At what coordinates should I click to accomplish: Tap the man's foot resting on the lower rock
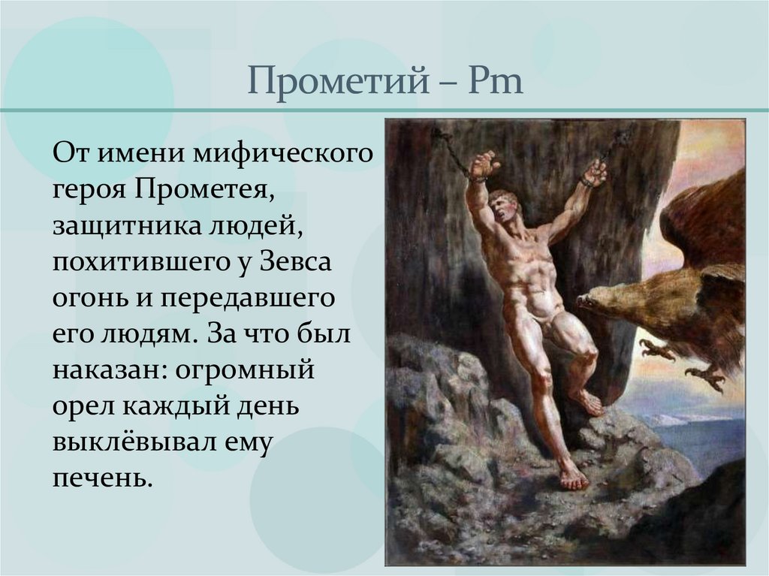point(573,478)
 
